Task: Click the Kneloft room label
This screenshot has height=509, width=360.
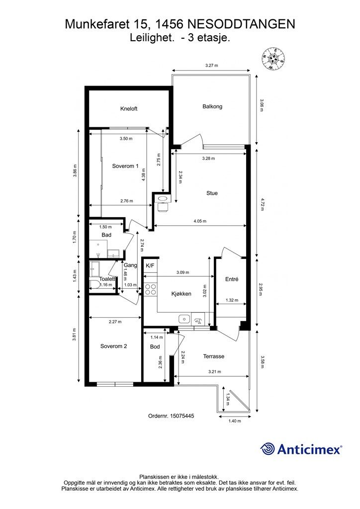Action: click(129, 109)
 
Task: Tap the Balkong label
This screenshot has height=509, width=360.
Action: click(212, 106)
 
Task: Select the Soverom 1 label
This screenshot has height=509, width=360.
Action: click(125, 166)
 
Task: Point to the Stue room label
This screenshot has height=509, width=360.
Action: click(212, 193)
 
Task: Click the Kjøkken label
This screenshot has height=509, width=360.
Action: click(181, 294)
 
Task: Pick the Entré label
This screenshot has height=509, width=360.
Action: click(232, 279)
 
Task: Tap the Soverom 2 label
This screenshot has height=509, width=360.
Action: click(113, 346)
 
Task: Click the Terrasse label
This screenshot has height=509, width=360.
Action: click(214, 356)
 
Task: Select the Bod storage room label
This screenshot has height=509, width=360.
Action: click(155, 346)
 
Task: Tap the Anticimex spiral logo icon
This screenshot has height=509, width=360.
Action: click(267, 449)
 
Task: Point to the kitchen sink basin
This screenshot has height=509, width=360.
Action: click(184, 319)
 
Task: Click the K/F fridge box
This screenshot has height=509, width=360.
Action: click(150, 265)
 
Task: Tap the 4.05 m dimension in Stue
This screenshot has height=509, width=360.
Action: click(200, 221)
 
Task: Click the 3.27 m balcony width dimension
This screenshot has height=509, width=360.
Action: click(212, 65)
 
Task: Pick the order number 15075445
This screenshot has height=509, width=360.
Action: click(171, 416)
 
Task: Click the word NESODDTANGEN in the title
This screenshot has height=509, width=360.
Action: click(242, 24)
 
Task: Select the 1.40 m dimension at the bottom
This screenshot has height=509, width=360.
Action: click(235, 421)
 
